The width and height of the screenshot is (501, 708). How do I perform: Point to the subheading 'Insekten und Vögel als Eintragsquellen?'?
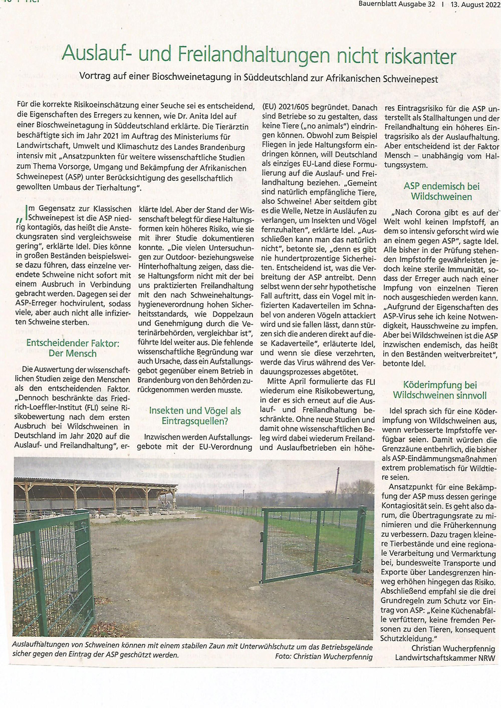pos(194,416)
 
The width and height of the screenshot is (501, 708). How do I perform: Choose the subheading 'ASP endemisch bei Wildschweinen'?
pos(441,191)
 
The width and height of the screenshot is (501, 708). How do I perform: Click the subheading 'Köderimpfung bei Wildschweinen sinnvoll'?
pos(439,390)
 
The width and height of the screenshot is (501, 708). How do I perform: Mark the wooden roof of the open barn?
pos(95,483)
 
